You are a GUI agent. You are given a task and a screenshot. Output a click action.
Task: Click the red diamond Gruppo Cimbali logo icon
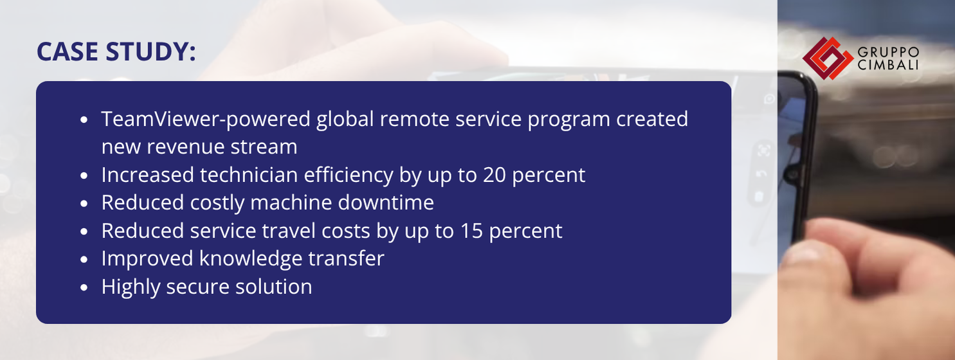(828, 59)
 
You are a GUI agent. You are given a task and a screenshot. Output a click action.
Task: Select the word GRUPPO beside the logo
(888, 53)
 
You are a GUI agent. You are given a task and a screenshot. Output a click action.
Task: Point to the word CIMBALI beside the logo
(887, 65)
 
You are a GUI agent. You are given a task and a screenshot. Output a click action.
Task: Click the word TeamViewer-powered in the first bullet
(206, 119)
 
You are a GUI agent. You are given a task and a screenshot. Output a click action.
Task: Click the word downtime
(386, 203)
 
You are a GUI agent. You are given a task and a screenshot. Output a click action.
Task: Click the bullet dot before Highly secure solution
(84, 287)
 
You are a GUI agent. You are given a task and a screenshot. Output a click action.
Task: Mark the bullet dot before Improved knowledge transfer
(84, 260)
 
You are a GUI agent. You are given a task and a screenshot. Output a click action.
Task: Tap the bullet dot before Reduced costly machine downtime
(84, 204)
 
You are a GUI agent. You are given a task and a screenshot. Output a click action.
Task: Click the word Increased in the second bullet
(147, 175)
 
